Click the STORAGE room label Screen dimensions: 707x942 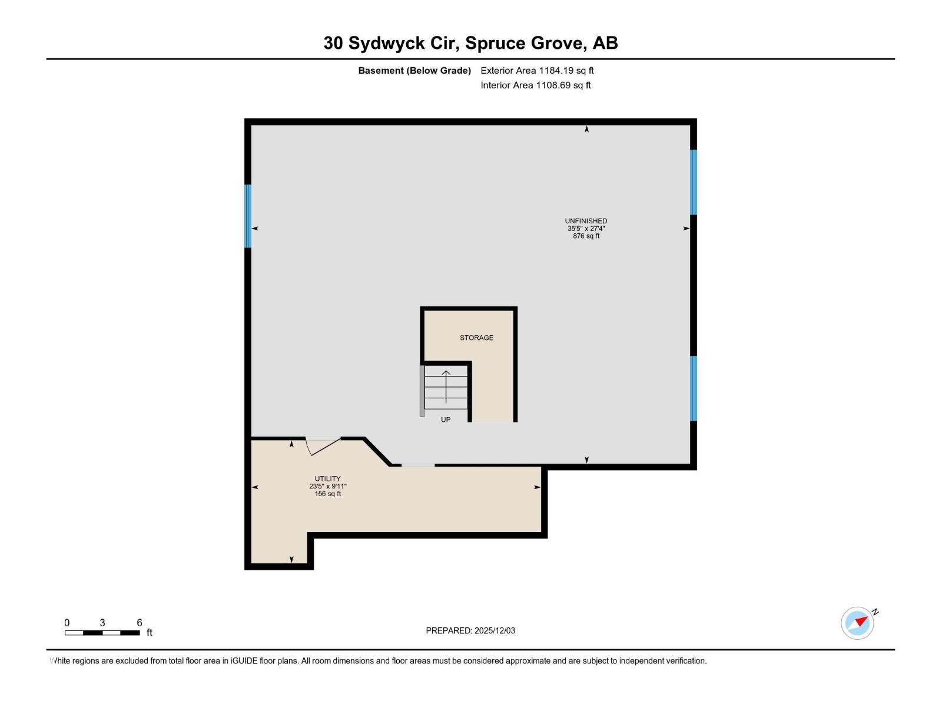coord(476,338)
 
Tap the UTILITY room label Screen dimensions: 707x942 coord(327,479)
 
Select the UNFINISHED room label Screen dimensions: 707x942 coord(586,221)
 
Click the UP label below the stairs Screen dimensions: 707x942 coord(446,420)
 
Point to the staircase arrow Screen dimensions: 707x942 coord(446,386)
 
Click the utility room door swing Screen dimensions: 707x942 coord(323,446)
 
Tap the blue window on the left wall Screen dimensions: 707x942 coord(248,216)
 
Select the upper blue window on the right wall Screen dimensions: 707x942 coord(694,182)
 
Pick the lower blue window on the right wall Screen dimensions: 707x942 coord(694,388)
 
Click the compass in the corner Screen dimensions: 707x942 coord(857,623)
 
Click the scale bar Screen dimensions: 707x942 coord(102,633)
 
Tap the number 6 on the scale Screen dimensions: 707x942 coord(140,623)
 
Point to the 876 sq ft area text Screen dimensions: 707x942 coord(586,236)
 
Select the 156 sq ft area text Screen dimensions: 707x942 coord(327,494)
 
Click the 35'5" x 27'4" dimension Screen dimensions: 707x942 coord(586,229)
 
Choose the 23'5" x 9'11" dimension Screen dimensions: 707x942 coord(327,487)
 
